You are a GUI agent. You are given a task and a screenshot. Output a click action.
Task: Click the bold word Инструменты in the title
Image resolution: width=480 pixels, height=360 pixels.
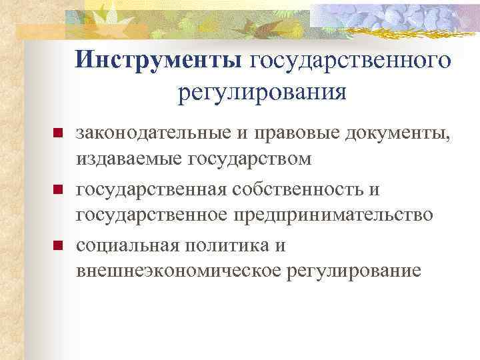[x=160, y=61]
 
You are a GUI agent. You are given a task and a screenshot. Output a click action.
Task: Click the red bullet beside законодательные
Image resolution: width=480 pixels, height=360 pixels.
[x=58, y=134]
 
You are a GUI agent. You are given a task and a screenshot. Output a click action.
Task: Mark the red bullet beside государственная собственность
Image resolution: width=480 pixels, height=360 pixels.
[x=58, y=191]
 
